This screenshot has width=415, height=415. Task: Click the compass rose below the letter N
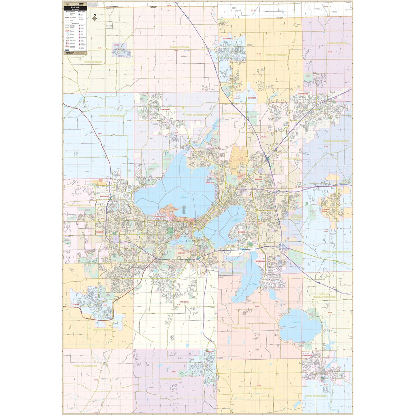[94, 19]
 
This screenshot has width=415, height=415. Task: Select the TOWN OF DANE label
[93, 62]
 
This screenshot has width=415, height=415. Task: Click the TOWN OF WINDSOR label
[276, 55]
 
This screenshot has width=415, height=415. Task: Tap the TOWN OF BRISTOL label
[337, 43]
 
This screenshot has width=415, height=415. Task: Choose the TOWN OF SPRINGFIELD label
[111, 116]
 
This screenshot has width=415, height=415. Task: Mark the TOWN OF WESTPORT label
[197, 115]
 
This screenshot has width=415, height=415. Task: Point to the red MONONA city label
[241, 232]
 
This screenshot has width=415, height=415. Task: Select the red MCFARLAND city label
[260, 261]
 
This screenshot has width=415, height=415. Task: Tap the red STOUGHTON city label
[307, 356]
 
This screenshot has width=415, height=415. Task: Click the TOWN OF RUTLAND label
[262, 388]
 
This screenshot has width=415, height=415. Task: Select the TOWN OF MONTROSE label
[85, 366]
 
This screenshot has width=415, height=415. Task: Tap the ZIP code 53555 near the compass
[110, 26]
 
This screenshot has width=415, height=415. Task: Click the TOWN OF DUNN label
[241, 328]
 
